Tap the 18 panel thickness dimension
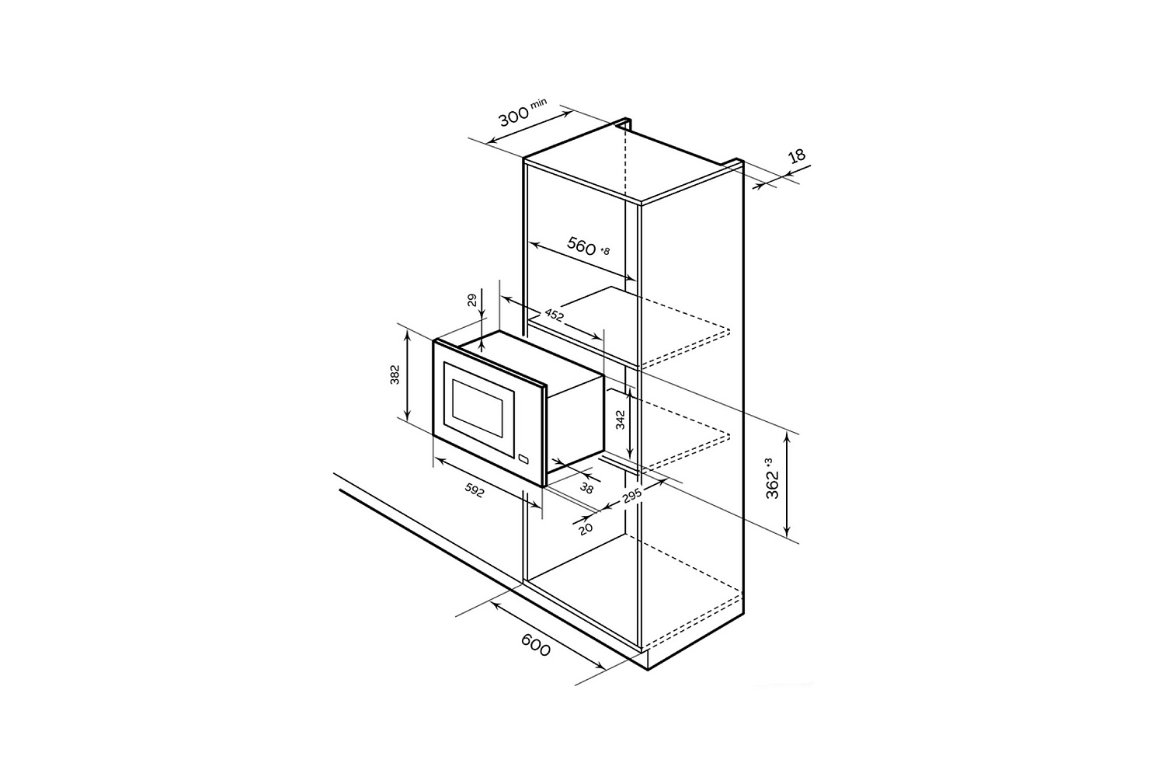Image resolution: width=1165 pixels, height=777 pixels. pos(796,156)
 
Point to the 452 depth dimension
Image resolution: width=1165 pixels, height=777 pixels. pos(555,315)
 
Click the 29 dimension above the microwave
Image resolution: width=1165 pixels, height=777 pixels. pos(471,300)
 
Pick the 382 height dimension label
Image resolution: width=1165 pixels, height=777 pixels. pos(395,375)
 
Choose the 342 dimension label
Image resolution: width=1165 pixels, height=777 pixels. pos(620,420)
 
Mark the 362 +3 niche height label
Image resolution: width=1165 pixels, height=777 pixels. pos(773,478)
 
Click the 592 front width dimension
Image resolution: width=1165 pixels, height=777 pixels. pos(474,490)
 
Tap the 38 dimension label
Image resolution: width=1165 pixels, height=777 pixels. pos(586,488)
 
